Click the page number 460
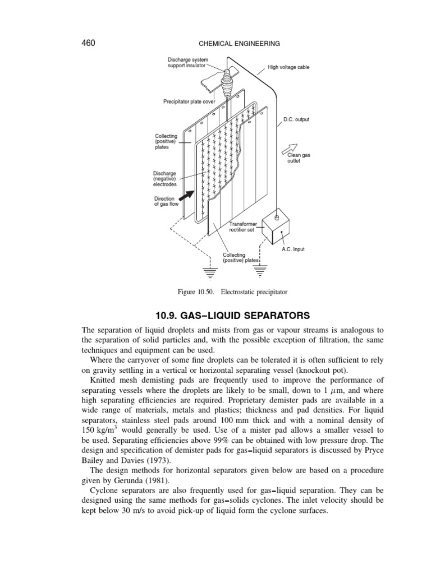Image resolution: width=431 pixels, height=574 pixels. [x=90, y=43]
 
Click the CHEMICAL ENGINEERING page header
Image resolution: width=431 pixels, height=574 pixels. [x=236, y=43]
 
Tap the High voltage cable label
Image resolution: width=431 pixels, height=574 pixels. [x=288, y=67]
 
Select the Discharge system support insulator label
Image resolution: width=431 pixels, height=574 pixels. [x=187, y=63]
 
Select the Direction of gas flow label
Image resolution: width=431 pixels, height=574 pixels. [x=165, y=202]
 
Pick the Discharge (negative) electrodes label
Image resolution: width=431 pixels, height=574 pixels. [x=166, y=179]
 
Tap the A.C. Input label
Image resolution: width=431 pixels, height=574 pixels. [x=293, y=249]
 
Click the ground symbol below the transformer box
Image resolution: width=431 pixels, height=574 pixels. [x=260, y=272]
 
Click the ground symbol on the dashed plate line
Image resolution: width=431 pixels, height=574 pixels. [x=210, y=273]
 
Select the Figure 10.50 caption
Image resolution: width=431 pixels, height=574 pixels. [x=232, y=292]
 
